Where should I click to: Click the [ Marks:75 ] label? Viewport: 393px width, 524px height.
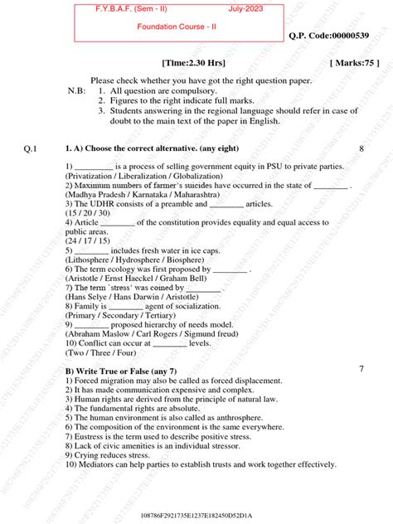[355, 63]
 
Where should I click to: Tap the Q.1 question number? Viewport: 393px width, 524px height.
[31, 148]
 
